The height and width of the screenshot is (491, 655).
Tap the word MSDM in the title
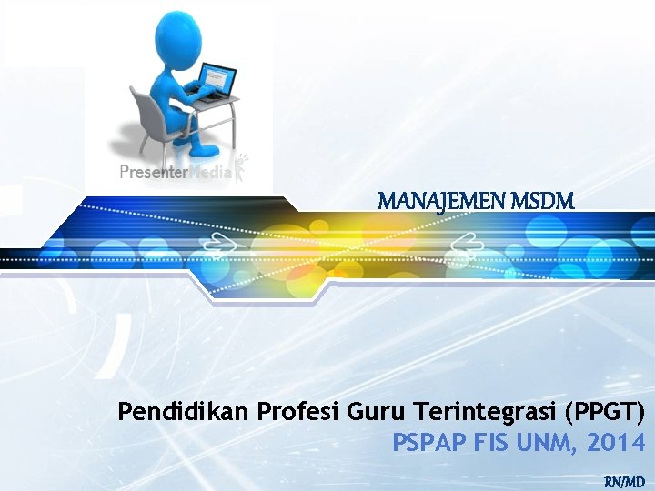tap(544, 201)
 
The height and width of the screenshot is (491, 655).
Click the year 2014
tap(618, 443)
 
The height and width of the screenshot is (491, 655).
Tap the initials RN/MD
tap(624, 480)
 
